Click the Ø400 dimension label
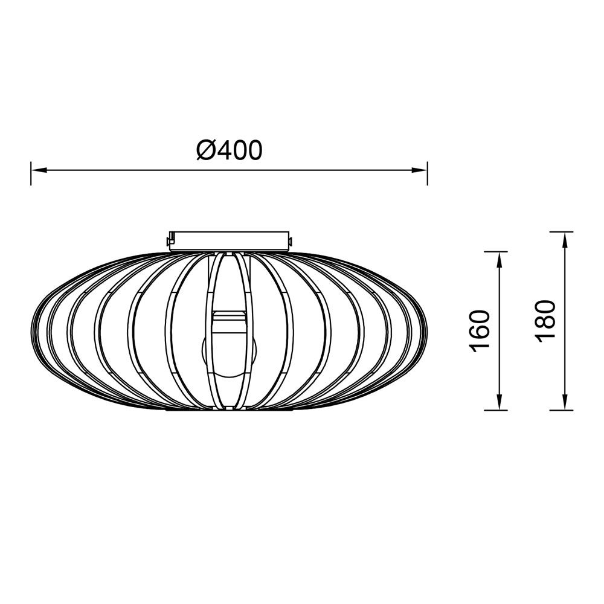point(230,150)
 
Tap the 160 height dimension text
point(478,330)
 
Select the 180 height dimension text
point(545,320)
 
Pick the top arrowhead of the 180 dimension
point(564,239)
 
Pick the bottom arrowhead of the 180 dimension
point(564,403)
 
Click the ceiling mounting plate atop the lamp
point(230,240)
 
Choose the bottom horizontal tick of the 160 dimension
point(496,410)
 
